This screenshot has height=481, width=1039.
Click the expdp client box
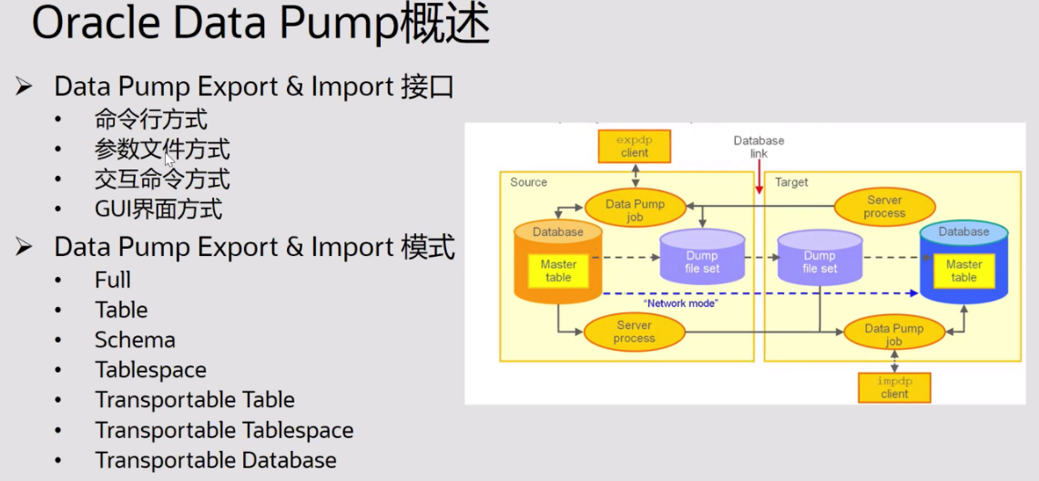click(634, 146)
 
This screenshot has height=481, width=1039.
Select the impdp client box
click(894, 387)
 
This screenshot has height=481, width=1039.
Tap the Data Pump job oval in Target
click(894, 334)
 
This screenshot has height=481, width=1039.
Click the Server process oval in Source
click(634, 332)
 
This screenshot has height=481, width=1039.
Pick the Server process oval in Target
click(884, 207)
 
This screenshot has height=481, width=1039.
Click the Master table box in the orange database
click(558, 271)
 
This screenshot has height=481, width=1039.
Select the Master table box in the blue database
click(963, 271)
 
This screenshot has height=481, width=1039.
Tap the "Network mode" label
click(679, 303)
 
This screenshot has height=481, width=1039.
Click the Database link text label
click(759, 148)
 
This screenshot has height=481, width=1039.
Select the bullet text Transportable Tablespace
click(224, 430)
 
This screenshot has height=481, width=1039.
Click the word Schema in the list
click(135, 340)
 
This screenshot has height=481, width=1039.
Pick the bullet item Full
click(113, 280)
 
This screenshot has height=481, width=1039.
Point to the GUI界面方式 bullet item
click(158, 210)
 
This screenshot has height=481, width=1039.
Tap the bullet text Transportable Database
click(216, 460)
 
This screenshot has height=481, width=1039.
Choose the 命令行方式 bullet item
click(151, 119)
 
